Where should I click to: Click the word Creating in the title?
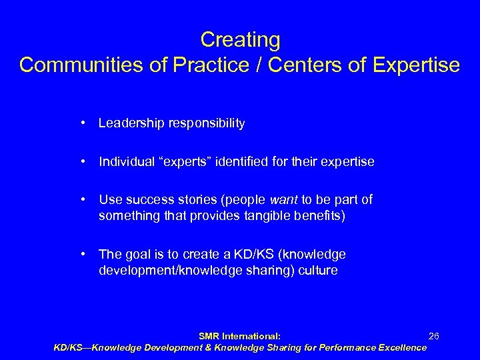pos(240,40)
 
